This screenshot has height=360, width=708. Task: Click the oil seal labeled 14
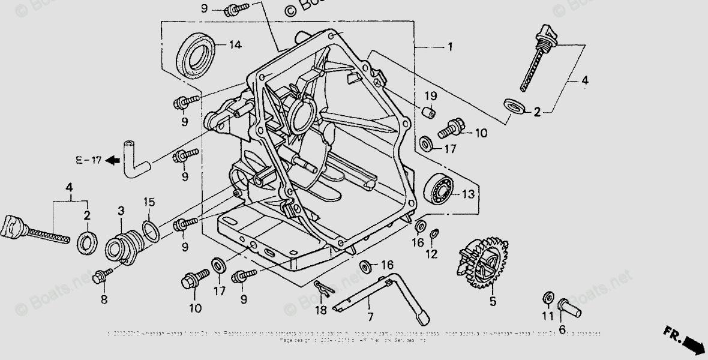196,56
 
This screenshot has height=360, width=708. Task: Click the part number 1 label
449,47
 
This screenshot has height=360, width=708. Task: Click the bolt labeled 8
101,276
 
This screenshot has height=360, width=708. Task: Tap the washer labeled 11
547,298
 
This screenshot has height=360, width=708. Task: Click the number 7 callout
370,317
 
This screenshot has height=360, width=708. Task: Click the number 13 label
468,195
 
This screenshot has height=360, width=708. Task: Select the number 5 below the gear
493,302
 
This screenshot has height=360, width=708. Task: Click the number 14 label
235,45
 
